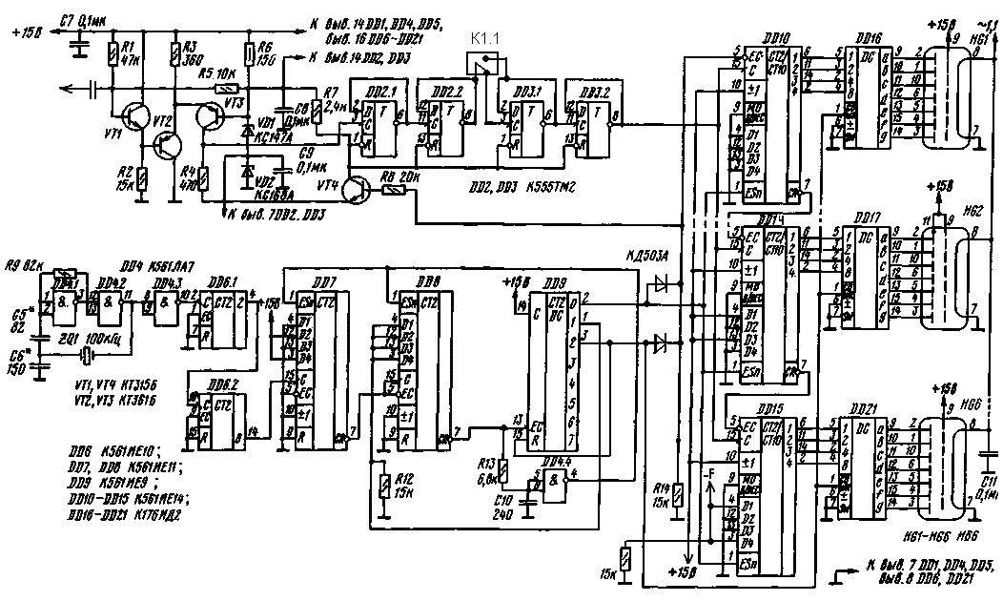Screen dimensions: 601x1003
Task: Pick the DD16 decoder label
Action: (867, 35)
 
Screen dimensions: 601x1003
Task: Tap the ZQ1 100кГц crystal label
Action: (92, 340)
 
